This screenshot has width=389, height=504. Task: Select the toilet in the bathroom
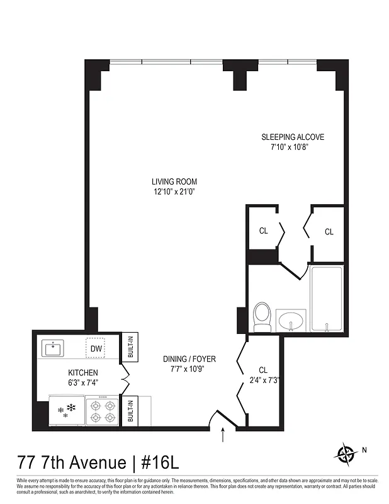pyautogui.click(x=262, y=317)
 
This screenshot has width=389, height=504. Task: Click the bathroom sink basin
pyautogui.click(x=292, y=320)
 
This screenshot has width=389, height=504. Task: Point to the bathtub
pyautogui.click(x=326, y=299)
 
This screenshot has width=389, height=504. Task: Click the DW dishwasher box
pyautogui.click(x=96, y=348)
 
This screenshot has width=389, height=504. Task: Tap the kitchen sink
pyautogui.click(x=54, y=348)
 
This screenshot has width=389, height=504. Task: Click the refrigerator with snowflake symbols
pyautogui.click(x=66, y=410)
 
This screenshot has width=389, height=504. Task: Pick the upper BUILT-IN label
pyautogui.click(x=130, y=346)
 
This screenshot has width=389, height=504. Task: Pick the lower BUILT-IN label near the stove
pyautogui.click(x=130, y=411)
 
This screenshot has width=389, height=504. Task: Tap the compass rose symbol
pyautogui.click(x=345, y=453)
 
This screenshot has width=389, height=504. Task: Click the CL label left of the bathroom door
pyautogui.click(x=263, y=231)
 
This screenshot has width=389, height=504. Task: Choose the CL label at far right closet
pyautogui.click(x=329, y=232)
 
